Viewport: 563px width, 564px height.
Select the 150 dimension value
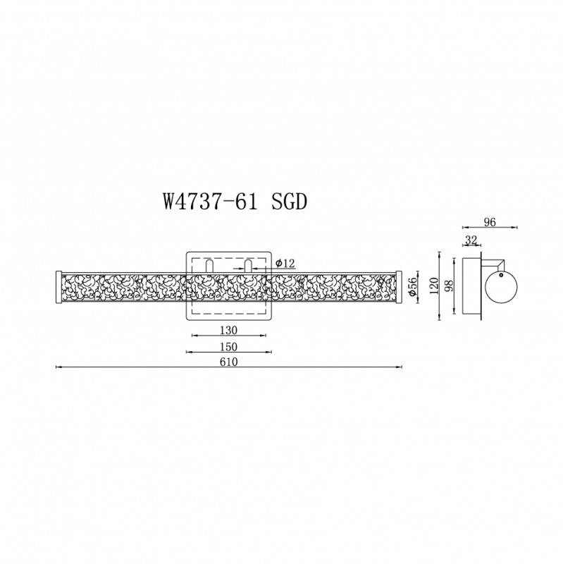(228, 347)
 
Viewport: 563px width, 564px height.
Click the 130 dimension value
(228, 330)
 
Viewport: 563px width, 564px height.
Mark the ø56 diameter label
(414, 285)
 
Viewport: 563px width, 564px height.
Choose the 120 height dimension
(435, 285)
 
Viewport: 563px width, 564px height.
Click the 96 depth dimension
(490, 222)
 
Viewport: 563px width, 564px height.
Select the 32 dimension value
(471, 240)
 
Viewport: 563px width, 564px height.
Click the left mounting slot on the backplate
(210, 266)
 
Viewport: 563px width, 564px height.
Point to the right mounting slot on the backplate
(248, 266)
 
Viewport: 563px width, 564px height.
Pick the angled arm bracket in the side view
(495, 263)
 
